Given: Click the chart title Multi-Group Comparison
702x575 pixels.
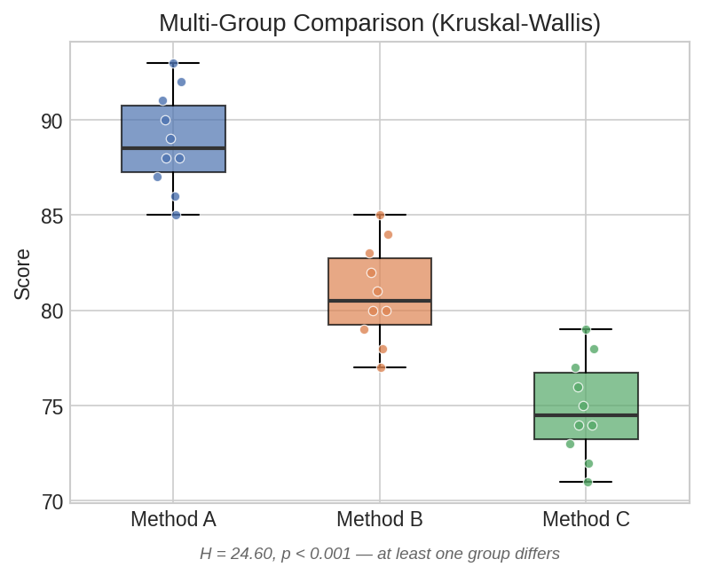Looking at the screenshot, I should tap(379, 23).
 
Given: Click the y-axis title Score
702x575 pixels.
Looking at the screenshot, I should tap(22, 274).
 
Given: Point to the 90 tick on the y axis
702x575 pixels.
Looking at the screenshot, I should tap(51, 121).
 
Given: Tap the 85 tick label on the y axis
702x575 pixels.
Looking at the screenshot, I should tap(51, 216).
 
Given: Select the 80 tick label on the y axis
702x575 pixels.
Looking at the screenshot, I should tap(51, 311).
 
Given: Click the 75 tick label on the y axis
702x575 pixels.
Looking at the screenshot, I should tap(51, 406).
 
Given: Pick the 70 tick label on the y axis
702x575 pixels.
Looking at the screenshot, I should tap(51, 502).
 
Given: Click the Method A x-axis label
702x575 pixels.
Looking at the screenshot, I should tap(173, 519).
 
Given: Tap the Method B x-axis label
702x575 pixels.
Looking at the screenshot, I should tap(379, 519).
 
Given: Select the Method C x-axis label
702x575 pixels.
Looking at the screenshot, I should tap(586, 519).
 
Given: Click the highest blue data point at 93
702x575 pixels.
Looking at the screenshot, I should tap(173, 64).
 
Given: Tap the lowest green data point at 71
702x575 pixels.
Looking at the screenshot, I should tap(588, 482).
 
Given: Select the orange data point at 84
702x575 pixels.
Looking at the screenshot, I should tap(388, 234).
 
